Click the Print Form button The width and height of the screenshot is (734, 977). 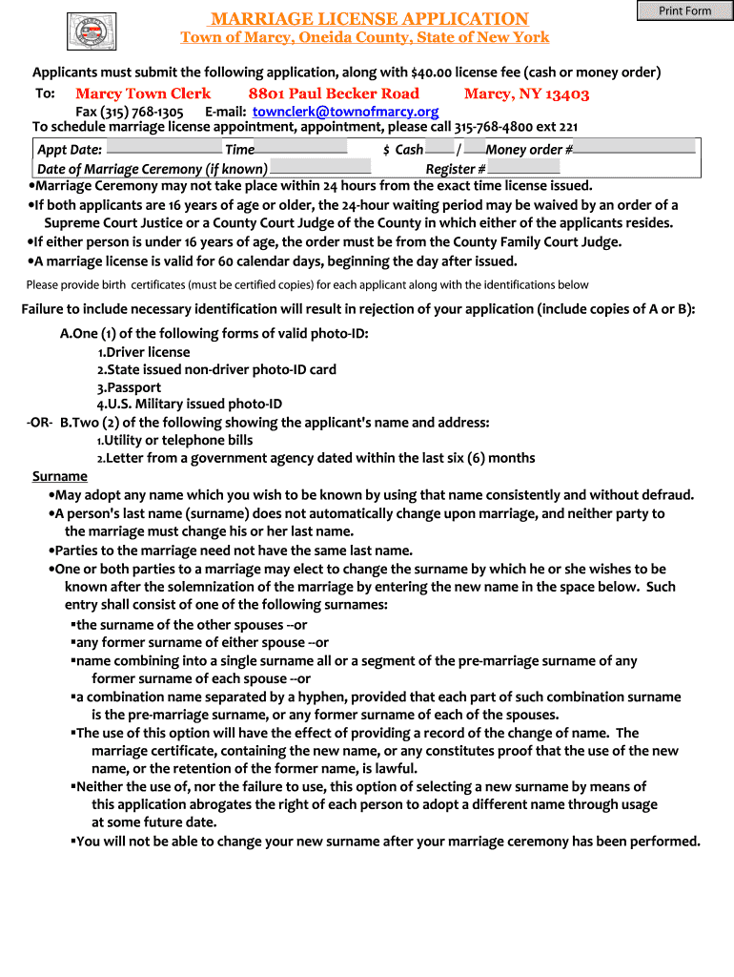(x=684, y=10)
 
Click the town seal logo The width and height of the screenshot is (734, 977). (x=92, y=31)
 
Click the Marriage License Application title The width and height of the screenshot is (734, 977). (x=369, y=19)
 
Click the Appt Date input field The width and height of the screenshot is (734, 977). (x=163, y=148)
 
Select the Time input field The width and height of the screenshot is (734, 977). (x=301, y=148)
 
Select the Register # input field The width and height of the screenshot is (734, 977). (x=523, y=167)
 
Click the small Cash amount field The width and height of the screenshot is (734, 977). (x=439, y=148)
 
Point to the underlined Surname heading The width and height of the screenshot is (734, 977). (x=60, y=476)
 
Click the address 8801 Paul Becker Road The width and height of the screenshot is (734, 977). (x=334, y=94)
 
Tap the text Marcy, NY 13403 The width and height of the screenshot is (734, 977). (x=526, y=94)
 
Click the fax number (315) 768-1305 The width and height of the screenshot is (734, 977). (x=130, y=112)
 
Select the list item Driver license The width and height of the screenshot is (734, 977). (x=147, y=352)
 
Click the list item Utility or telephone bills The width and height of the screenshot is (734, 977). (x=178, y=440)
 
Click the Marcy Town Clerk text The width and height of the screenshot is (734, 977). (x=143, y=94)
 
